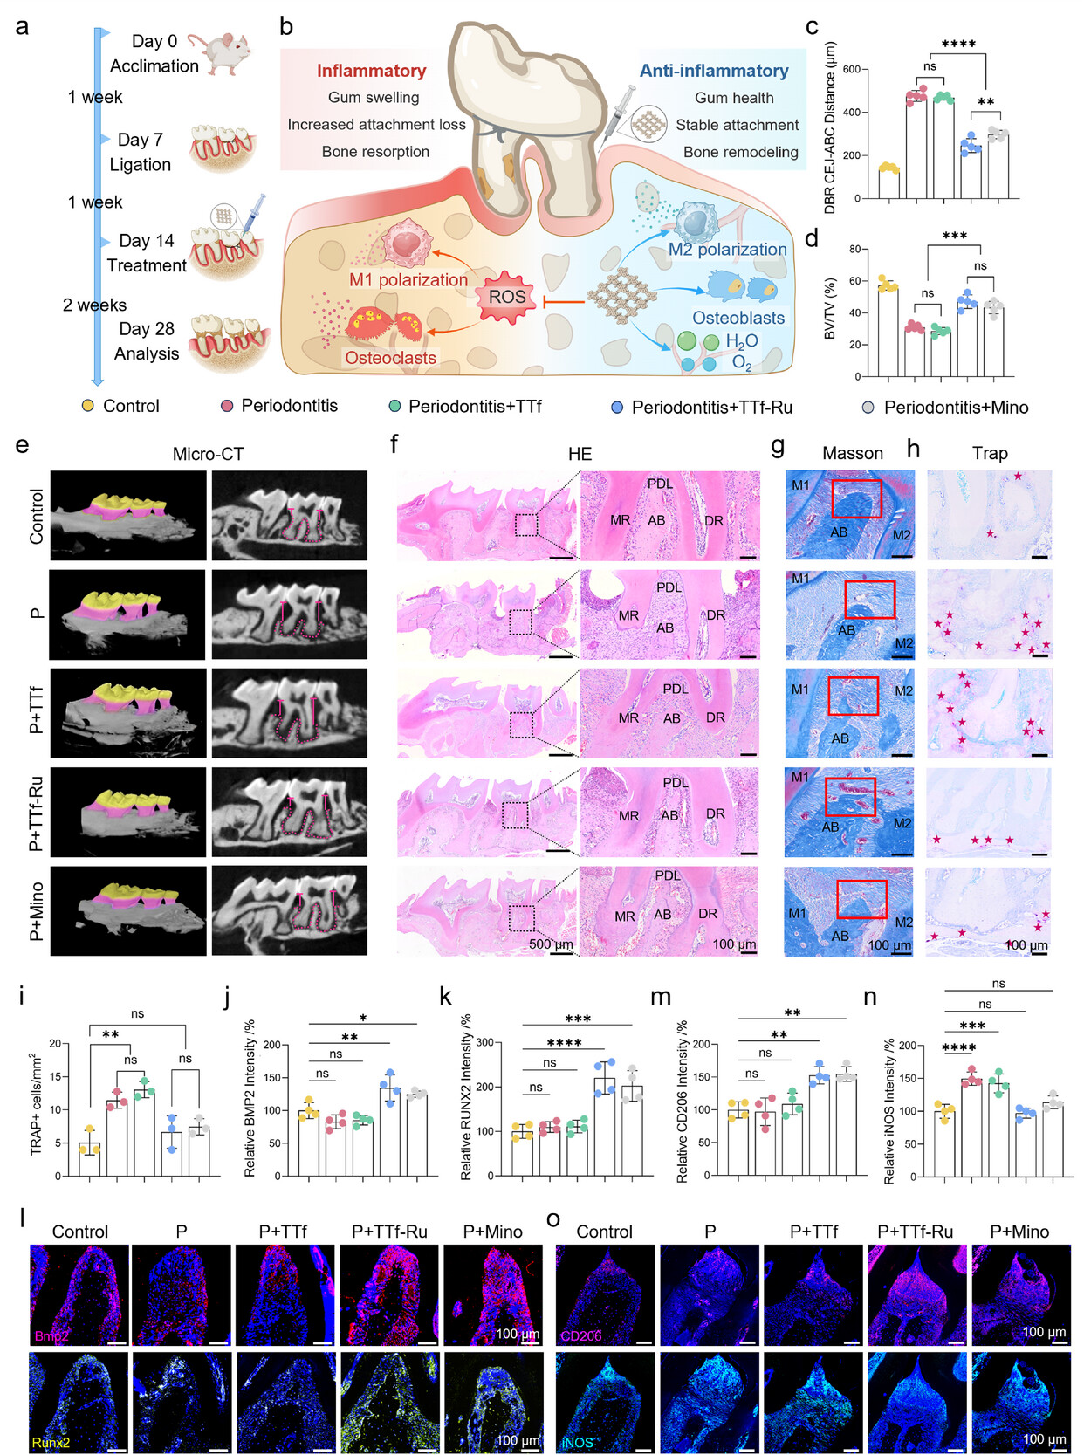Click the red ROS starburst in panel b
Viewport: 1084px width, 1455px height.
click(506, 298)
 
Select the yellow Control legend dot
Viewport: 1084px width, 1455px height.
click(87, 406)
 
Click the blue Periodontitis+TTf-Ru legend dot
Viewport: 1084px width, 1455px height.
click(617, 408)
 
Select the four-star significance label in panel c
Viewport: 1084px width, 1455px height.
click(958, 44)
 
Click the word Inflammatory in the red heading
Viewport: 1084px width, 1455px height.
click(371, 71)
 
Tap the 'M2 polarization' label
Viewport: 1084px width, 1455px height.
click(727, 250)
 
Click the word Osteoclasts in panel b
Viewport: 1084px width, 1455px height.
click(390, 358)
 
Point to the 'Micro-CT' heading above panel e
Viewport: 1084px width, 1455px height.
click(208, 454)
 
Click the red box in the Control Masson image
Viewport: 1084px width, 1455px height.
click(856, 498)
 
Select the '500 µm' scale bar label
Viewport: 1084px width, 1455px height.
click(551, 944)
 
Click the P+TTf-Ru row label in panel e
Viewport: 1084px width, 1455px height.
click(36, 813)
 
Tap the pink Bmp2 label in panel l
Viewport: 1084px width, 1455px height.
click(51, 1336)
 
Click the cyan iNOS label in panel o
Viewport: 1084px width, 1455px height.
click(577, 1443)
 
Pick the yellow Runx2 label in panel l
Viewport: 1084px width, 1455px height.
click(51, 1443)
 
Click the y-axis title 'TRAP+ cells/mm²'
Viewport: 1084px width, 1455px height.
click(37, 1104)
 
